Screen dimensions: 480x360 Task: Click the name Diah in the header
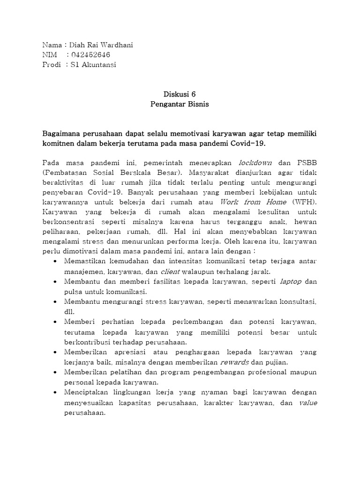click(78, 45)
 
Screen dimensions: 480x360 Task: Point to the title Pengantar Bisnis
click(180, 104)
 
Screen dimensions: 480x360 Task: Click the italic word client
click(170, 271)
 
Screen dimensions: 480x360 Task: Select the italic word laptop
click(291, 281)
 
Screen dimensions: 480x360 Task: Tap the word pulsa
click(74, 291)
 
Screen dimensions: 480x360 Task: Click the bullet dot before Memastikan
click(56, 262)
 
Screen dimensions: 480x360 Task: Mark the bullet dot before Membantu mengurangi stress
click(56, 301)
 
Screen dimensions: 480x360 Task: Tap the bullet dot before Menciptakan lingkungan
click(56, 392)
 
